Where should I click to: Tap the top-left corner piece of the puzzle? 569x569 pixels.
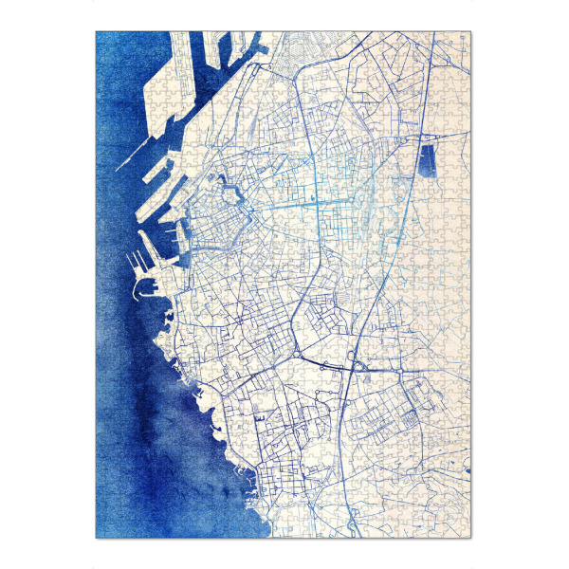(103, 39)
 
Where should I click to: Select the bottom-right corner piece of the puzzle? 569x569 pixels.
(464, 531)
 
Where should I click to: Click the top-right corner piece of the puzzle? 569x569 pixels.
(464, 39)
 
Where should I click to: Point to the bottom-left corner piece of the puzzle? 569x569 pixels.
(103, 531)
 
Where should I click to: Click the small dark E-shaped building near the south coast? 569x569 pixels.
(259, 417)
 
